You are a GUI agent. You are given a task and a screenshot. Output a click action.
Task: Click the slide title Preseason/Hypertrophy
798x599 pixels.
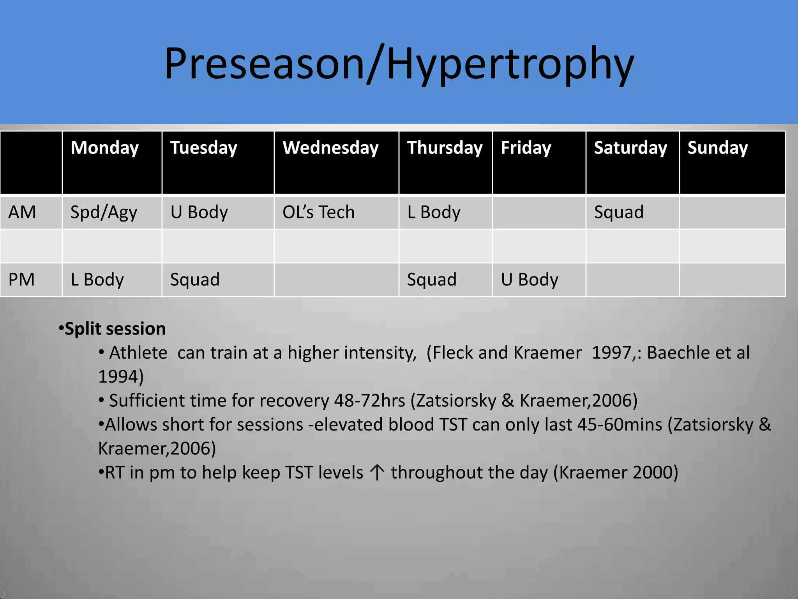(399, 64)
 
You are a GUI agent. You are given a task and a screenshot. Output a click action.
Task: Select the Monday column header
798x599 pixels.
(104, 148)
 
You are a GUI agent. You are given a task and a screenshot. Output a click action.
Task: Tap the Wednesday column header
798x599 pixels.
(330, 148)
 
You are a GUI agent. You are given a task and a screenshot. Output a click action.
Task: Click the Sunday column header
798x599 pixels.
(717, 148)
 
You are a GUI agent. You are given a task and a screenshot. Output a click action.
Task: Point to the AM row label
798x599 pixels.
(22, 213)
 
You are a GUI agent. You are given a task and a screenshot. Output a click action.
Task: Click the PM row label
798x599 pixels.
(21, 280)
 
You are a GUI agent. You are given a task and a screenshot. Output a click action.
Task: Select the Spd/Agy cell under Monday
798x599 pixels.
(104, 213)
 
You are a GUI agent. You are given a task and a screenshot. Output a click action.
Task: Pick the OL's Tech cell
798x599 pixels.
(318, 213)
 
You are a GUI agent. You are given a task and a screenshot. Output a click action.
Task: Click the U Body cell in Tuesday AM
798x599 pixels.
(199, 213)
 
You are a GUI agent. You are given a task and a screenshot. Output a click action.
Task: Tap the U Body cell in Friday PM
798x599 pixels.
(530, 280)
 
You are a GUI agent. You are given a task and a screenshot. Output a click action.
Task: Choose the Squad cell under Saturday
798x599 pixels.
(618, 213)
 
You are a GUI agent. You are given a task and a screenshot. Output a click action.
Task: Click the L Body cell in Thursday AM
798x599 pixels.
(434, 213)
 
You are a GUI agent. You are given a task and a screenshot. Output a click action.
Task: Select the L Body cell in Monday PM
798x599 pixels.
(97, 280)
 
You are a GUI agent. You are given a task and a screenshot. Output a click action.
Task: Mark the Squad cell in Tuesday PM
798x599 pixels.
(195, 280)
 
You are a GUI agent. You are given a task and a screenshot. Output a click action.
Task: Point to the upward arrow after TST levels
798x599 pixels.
(377, 472)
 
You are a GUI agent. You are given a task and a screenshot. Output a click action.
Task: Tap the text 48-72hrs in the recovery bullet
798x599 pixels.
(369, 401)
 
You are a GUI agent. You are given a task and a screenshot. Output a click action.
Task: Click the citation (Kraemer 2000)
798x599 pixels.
(616, 473)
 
